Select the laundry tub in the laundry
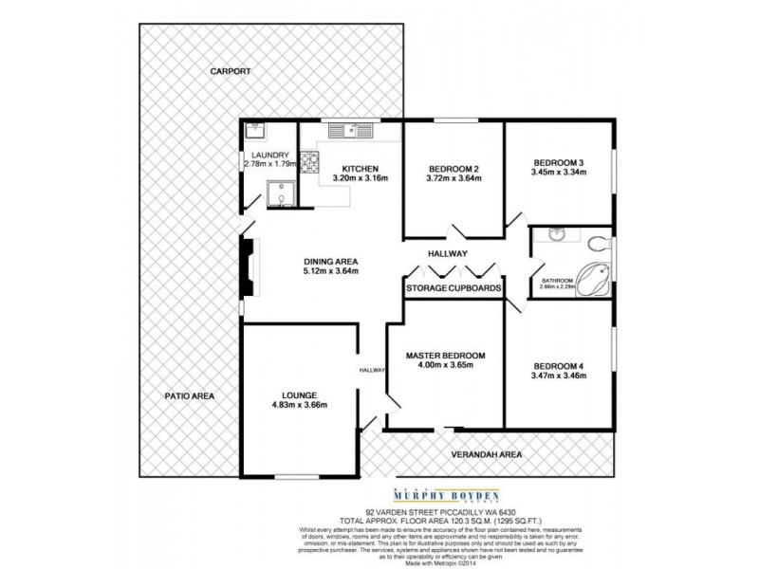pyautogui.click(x=254, y=132)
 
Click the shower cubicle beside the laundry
pyautogui.click(x=281, y=194)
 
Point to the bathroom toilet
pyautogui.click(x=596, y=240)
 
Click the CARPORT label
pyautogui.click(x=231, y=71)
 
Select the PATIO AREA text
pyautogui.click(x=187, y=395)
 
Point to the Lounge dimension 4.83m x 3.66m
pyautogui.click(x=299, y=406)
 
